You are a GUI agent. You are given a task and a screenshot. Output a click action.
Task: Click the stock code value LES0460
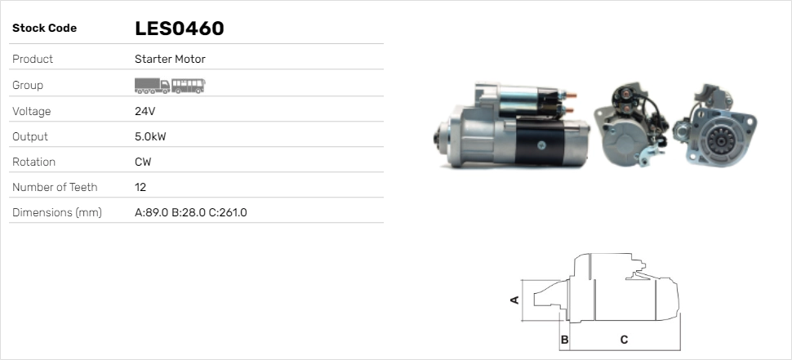pos(180,29)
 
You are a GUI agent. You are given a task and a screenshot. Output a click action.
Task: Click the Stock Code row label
pos(44,29)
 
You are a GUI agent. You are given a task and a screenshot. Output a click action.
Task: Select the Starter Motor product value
pos(170,59)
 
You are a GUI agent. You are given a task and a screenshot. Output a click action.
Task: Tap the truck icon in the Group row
pos(152,86)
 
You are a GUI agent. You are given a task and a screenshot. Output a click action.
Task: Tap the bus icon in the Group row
pos(189,86)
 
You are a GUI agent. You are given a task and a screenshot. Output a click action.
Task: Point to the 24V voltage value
pos(145,111)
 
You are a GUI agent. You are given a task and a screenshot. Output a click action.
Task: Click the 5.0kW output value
pos(150,137)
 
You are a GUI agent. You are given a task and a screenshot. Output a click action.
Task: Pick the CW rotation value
pos(143,162)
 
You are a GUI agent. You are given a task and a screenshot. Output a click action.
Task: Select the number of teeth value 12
pos(140,187)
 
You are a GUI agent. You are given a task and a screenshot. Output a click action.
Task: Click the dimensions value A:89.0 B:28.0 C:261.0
pos(191,212)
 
